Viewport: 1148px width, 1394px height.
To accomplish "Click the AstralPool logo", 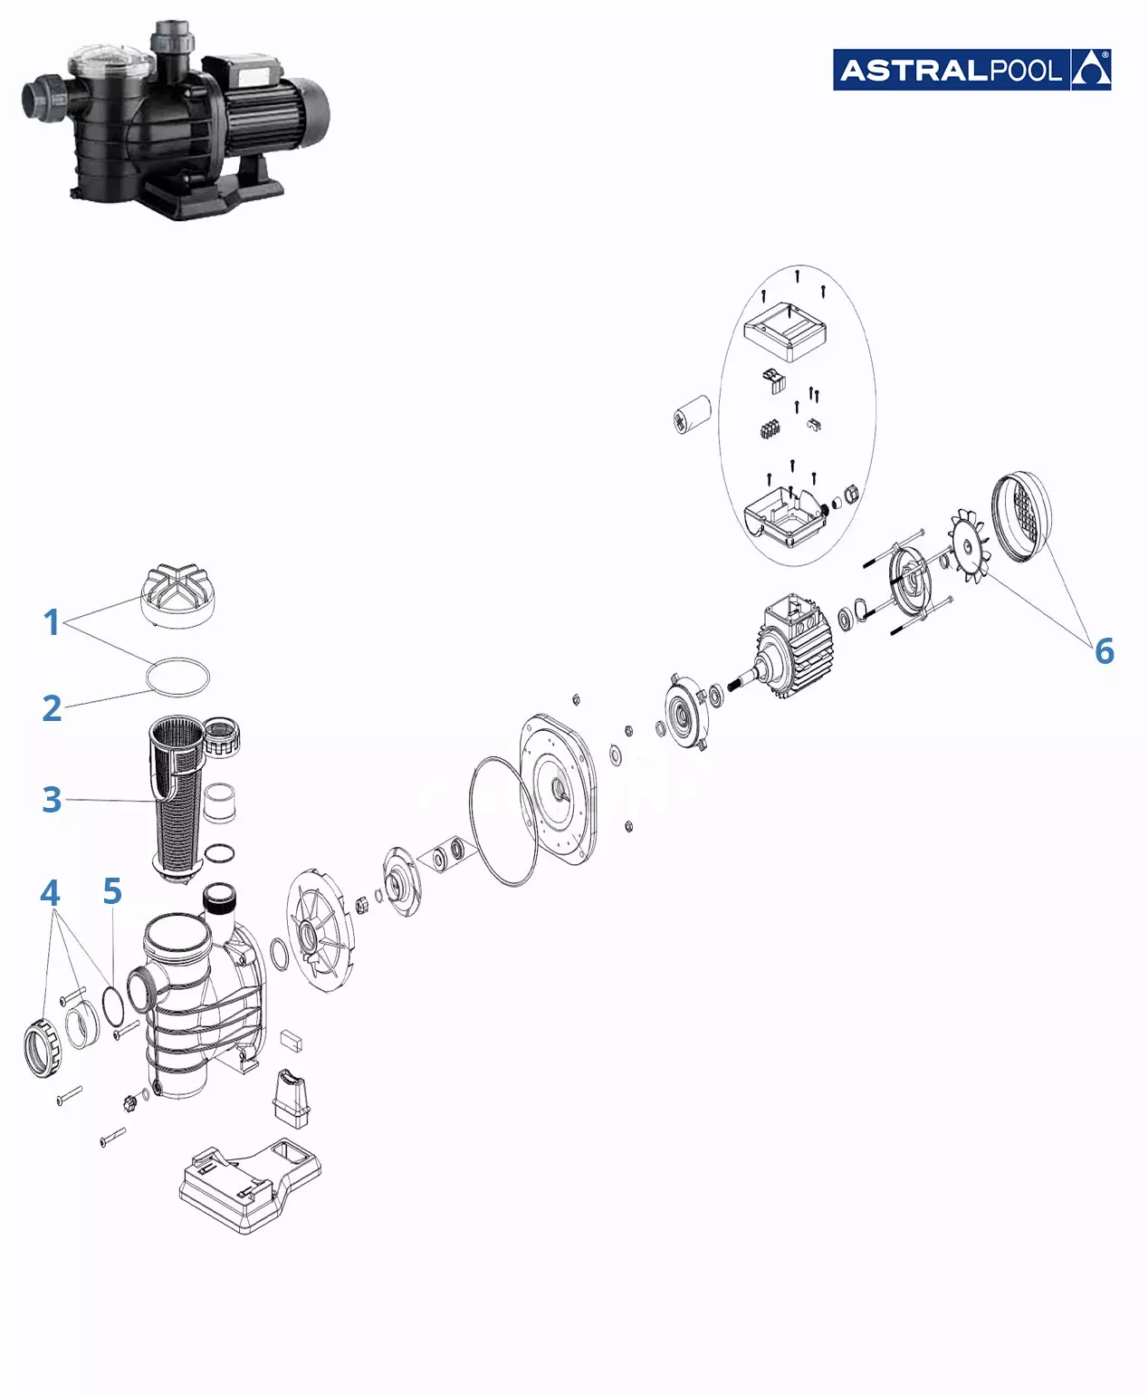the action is pyautogui.click(x=971, y=70).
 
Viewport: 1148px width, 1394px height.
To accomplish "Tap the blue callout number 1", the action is pyautogui.click(x=52, y=622).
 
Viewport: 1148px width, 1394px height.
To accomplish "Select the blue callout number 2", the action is pyautogui.click(x=52, y=707).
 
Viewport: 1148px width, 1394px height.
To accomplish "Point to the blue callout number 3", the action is pyautogui.click(x=52, y=799).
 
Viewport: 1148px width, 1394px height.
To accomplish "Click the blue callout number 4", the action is pyautogui.click(x=50, y=892).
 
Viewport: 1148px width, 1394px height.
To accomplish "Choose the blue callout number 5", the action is pyautogui.click(x=112, y=890).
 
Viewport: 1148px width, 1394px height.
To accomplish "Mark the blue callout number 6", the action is pyautogui.click(x=1105, y=651).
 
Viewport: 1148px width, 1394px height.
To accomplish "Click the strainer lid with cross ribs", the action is pyautogui.click(x=177, y=596).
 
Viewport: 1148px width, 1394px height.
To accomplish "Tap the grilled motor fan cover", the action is pyautogui.click(x=1021, y=516).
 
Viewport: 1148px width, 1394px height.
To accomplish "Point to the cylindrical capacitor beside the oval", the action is pyautogui.click(x=692, y=414).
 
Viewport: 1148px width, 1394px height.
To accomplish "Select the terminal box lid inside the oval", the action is pyautogui.click(x=785, y=332).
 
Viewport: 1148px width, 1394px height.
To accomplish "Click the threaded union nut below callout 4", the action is pyautogui.click(x=43, y=1047).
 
